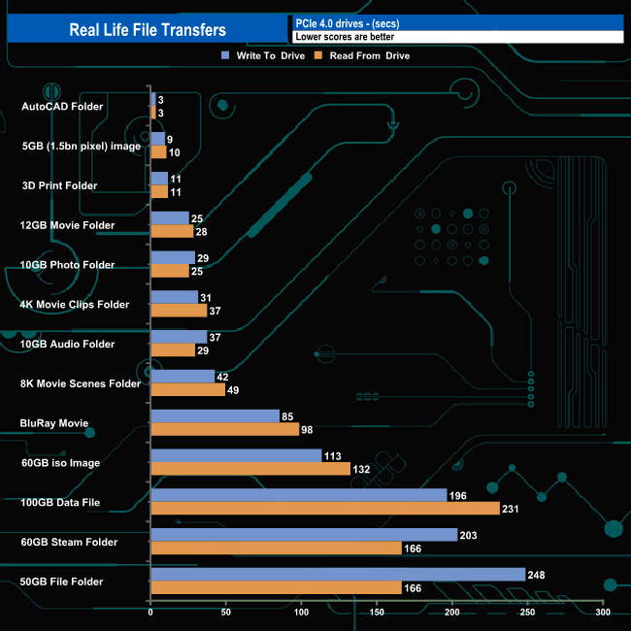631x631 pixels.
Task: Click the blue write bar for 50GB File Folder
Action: tap(337, 575)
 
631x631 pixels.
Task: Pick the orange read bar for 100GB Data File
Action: tap(324, 509)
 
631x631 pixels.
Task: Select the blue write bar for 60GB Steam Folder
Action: tap(303, 535)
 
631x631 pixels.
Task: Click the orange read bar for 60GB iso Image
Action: tap(249, 469)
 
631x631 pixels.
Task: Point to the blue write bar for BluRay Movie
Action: tap(215, 415)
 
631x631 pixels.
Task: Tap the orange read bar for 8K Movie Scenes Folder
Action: tap(187, 389)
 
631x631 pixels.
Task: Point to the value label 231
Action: tap(513, 509)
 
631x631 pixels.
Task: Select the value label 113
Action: tap(334, 455)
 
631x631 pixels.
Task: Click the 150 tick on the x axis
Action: tap(377, 613)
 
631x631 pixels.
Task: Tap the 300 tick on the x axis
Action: tap(603, 613)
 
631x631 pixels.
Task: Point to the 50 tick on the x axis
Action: tap(226, 613)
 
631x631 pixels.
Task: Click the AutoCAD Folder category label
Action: tap(61, 106)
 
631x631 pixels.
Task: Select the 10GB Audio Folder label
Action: tap(67, 344)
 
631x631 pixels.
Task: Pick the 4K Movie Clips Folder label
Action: tap(74, 304)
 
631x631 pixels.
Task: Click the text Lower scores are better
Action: tap(345, 37)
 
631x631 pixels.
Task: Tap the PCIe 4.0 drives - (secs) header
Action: tap(348, 22)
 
